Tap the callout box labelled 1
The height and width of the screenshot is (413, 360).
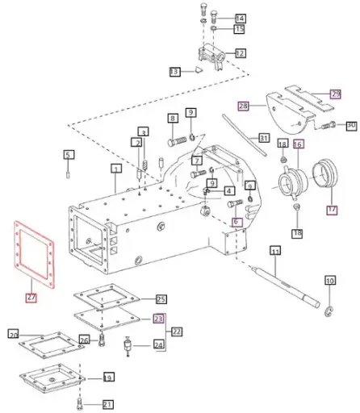coord(116,169)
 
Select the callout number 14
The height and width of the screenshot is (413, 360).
coord(240,18)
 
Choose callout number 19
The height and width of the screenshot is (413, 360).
coord(107,378)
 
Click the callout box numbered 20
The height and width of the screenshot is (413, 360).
coord(13,334)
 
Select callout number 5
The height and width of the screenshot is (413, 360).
coord(69,154)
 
